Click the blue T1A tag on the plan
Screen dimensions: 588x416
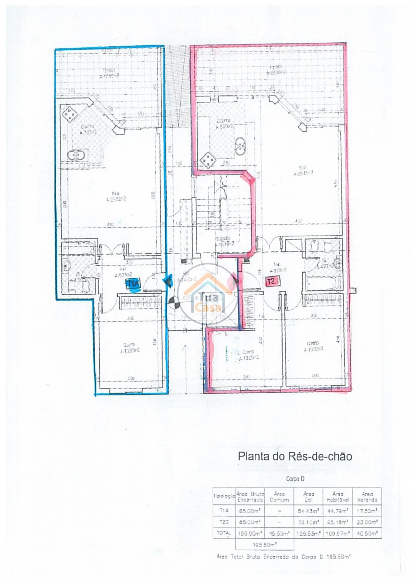(x=133, y=284)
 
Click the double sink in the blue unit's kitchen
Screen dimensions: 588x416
(x=77, y=155)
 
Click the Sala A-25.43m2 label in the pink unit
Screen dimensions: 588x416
(x=303, y=171)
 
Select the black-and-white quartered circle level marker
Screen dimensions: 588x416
(x=175, y=303)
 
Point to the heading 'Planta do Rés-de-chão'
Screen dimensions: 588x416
(x=295, y=456)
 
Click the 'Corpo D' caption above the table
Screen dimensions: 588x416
(x=295, y=479)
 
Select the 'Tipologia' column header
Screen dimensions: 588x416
(x=224, y=496)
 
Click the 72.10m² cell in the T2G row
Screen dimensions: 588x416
(x=308, y=522)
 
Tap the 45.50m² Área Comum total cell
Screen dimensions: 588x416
(x=279, y=533)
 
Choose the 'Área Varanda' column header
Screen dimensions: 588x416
(x=367, y=497)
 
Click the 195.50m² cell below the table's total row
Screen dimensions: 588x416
(x=264, y=544)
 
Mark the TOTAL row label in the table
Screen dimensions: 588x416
(x=224, y=533)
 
